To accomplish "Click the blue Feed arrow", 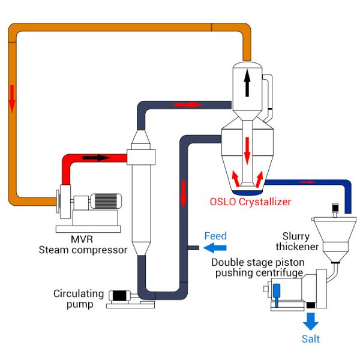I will click(215, 248).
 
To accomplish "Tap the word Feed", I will click(215, 236).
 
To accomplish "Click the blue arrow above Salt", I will click(310, 321).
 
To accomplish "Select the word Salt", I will click(310, 339).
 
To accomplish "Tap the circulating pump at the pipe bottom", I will click(123, 296).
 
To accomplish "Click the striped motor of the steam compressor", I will click(107, 202).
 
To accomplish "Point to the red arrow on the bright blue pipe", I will click(307, 181).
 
